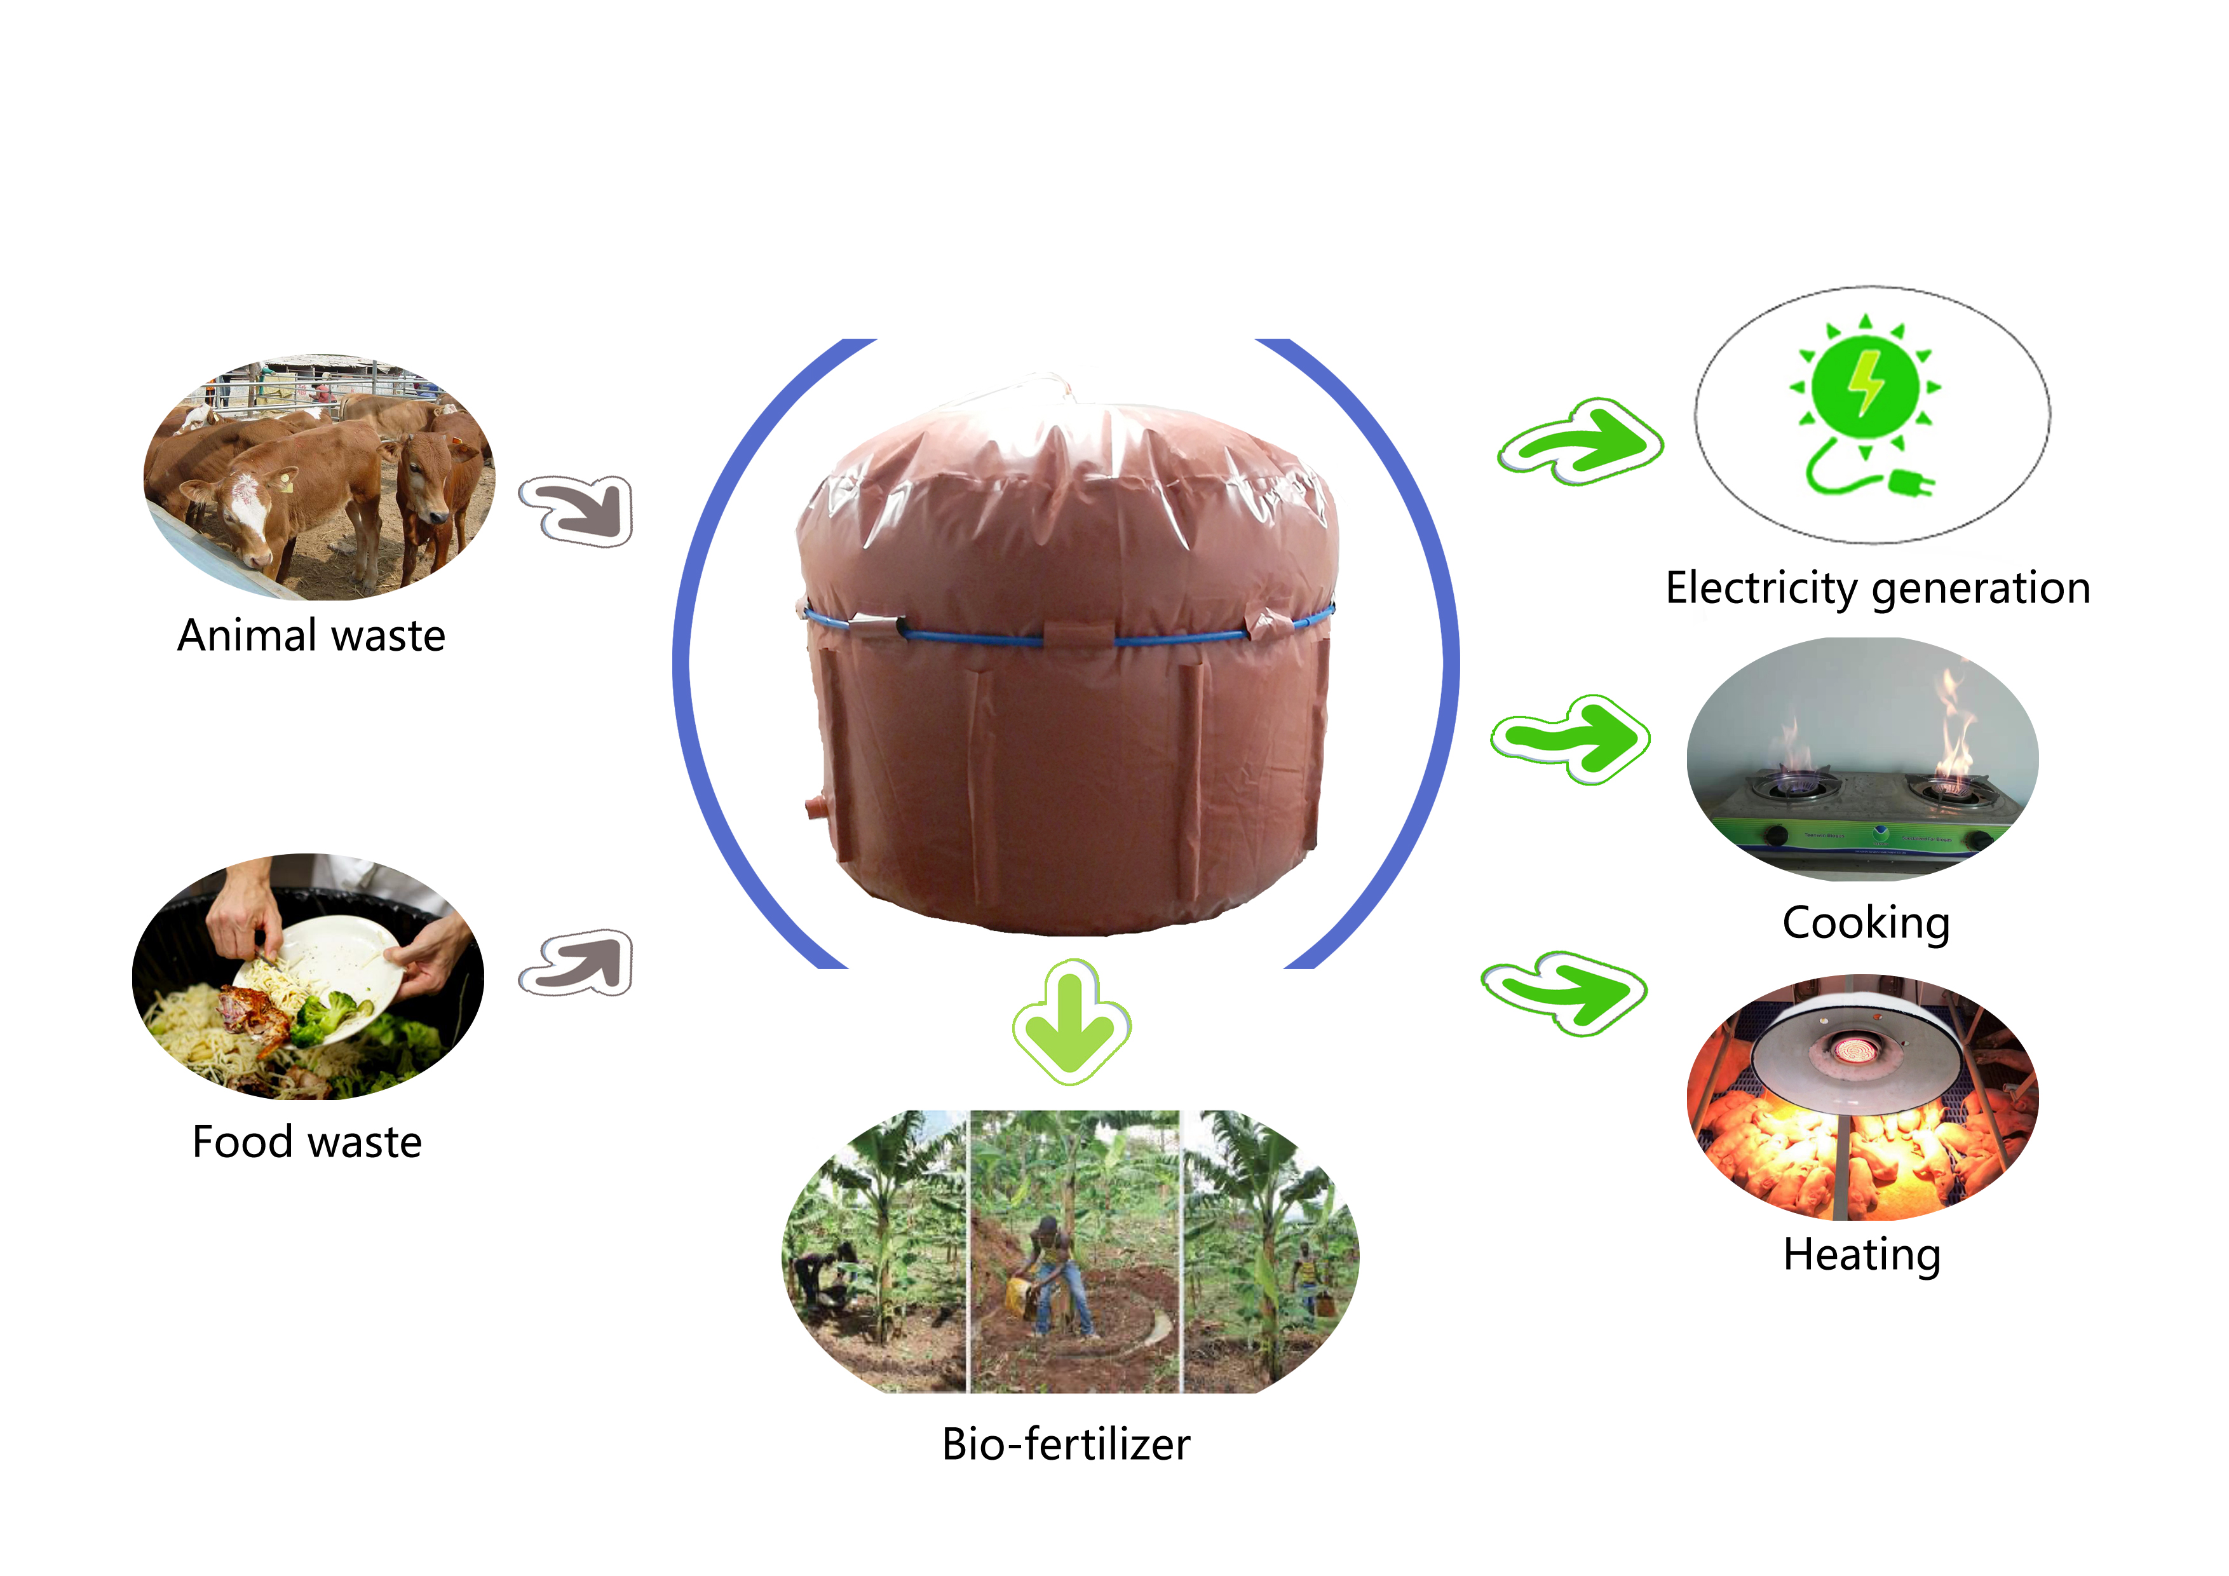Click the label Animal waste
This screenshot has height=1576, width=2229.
[x=311, y=636]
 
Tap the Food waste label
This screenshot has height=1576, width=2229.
[x=307, y=1142]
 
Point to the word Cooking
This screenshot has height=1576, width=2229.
[x=1865, y=923]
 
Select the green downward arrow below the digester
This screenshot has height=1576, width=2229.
[x=1070, y=1019]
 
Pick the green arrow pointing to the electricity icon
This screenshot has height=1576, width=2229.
[x=1580, y=442]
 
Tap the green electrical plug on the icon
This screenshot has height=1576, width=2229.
[x=1909, y=482]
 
